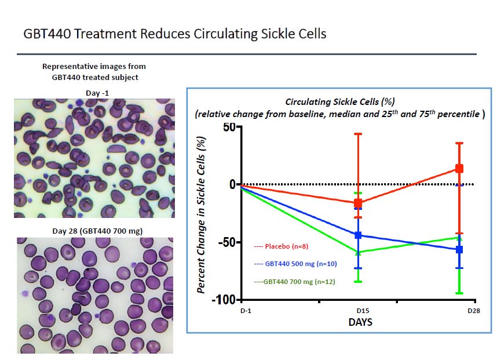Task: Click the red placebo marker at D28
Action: (459, 169)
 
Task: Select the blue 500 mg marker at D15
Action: (358, 235)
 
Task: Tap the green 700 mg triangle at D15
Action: (358, 252)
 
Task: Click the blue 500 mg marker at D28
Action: (459, 249)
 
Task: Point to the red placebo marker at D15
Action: (358, 203)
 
